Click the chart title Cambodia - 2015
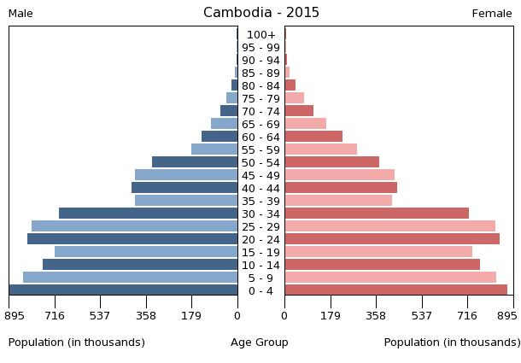(260, 13)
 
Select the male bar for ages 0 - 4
(124, 290)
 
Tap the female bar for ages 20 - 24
(392, 239)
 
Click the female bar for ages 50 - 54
(332, 162)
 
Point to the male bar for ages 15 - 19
(146, 252)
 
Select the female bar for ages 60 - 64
(313, 137)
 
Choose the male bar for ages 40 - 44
(184, 188)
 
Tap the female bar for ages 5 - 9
(390, 278)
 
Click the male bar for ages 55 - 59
(214, 149)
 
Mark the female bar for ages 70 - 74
(299, 111)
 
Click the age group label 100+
(260, 35)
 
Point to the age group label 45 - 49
(260, 175)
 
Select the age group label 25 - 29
(260, 226)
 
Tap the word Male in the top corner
(20, 14)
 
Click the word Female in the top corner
(492, 14)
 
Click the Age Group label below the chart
(260, 343)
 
